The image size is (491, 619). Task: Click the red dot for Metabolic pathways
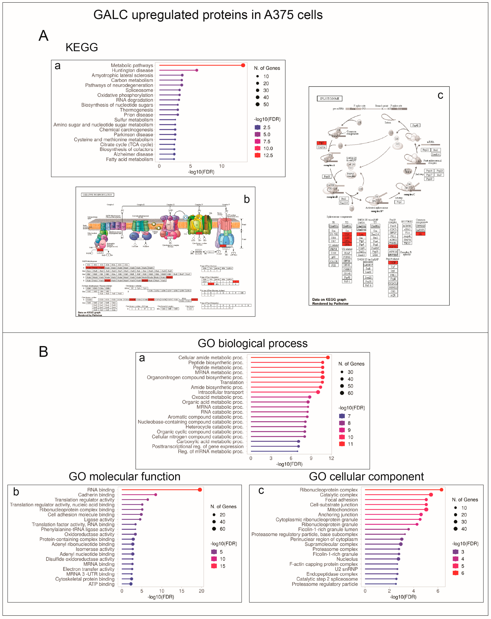pyautogui.click(x=243, y=65)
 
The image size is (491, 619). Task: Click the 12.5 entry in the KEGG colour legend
pyautogui.click(x=268, y=155)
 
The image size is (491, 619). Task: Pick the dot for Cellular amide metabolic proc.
pyautogui.click(x=328, y=357)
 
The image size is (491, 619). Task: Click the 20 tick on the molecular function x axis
pyautogui.click(x=201, y=591)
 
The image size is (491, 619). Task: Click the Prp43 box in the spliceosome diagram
pyautogui.click(x=415, y=125)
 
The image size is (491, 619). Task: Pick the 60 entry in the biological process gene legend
pyautogui.click(x=350, y=393)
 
